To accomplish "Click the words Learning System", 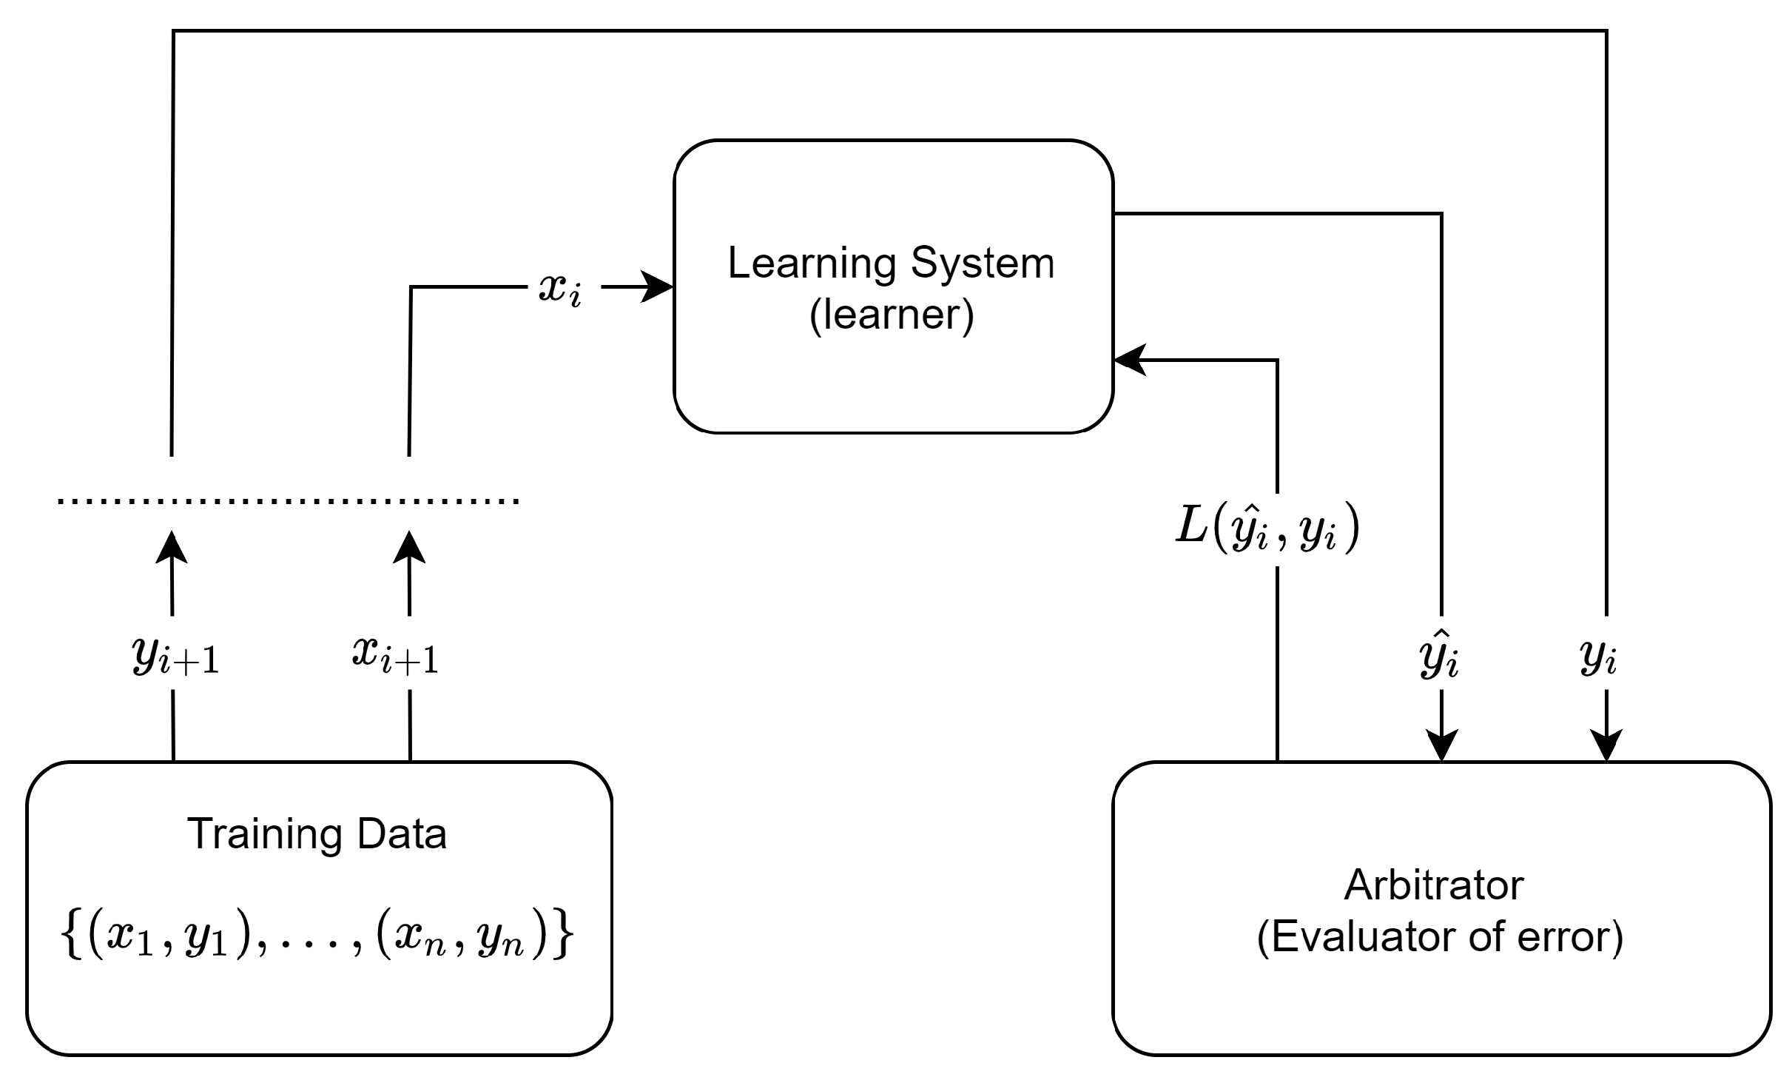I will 891,263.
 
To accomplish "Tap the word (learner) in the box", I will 892,315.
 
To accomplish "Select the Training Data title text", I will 317,834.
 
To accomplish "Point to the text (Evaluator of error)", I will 1440,937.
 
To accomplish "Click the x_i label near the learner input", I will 560,289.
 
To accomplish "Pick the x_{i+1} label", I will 395,654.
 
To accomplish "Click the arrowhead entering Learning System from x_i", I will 658,287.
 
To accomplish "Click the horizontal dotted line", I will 289,501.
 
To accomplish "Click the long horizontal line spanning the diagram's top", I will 888,31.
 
